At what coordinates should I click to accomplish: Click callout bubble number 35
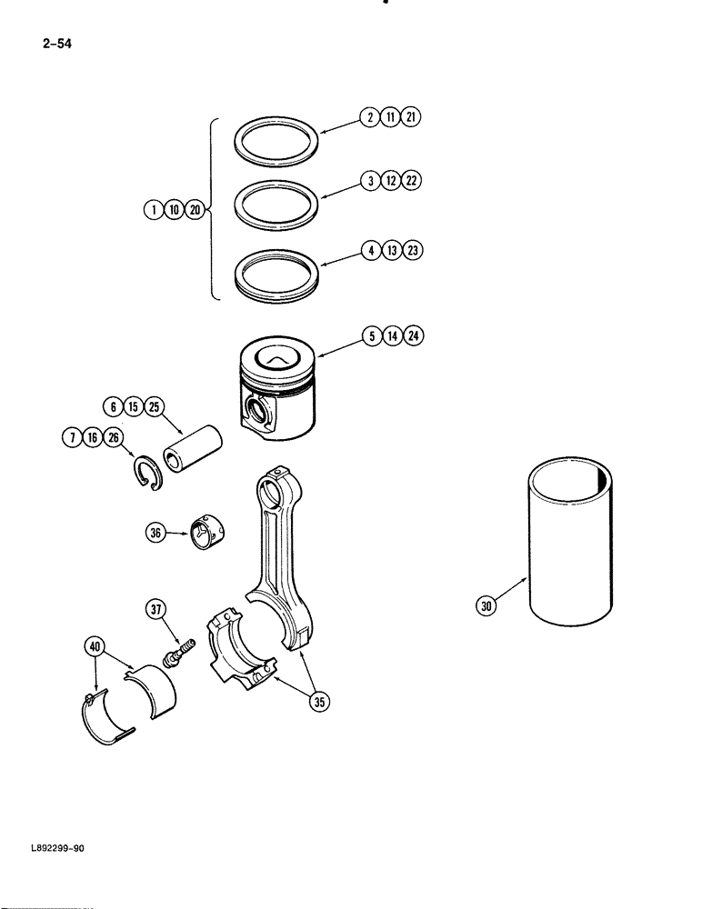[318, 700]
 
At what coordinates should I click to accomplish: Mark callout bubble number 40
[93, 646]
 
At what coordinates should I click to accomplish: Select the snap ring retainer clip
[147, 475]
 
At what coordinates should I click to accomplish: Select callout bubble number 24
[414, 336]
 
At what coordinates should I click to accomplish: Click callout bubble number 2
[369, 117]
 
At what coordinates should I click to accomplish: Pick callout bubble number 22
[412, 181]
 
